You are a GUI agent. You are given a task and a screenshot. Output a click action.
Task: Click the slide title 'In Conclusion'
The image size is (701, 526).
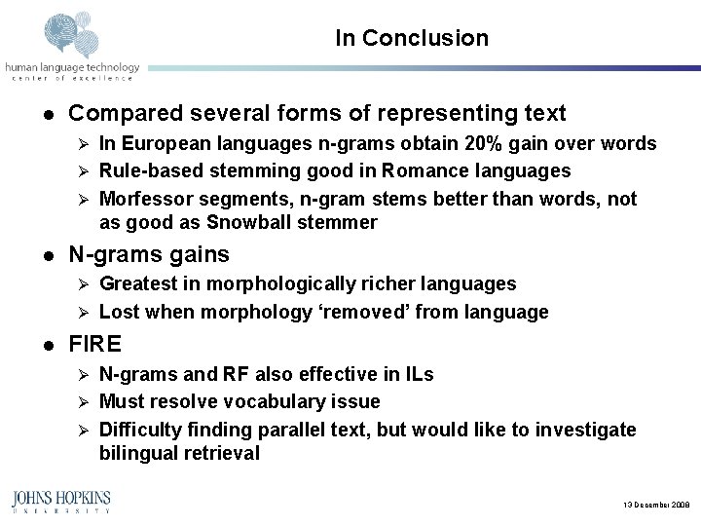[411, 39]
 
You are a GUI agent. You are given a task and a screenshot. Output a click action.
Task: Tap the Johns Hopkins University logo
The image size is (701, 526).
[60, 501]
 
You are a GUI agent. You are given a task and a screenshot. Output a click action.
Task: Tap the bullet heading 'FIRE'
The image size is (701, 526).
[95, 345]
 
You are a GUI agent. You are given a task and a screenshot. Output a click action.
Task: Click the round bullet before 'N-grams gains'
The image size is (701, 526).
[46, 256]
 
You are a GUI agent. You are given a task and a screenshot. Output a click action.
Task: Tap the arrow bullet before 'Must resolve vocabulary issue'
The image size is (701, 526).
[84, 402]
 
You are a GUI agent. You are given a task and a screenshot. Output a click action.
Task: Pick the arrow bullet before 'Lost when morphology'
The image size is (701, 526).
[84, 313]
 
